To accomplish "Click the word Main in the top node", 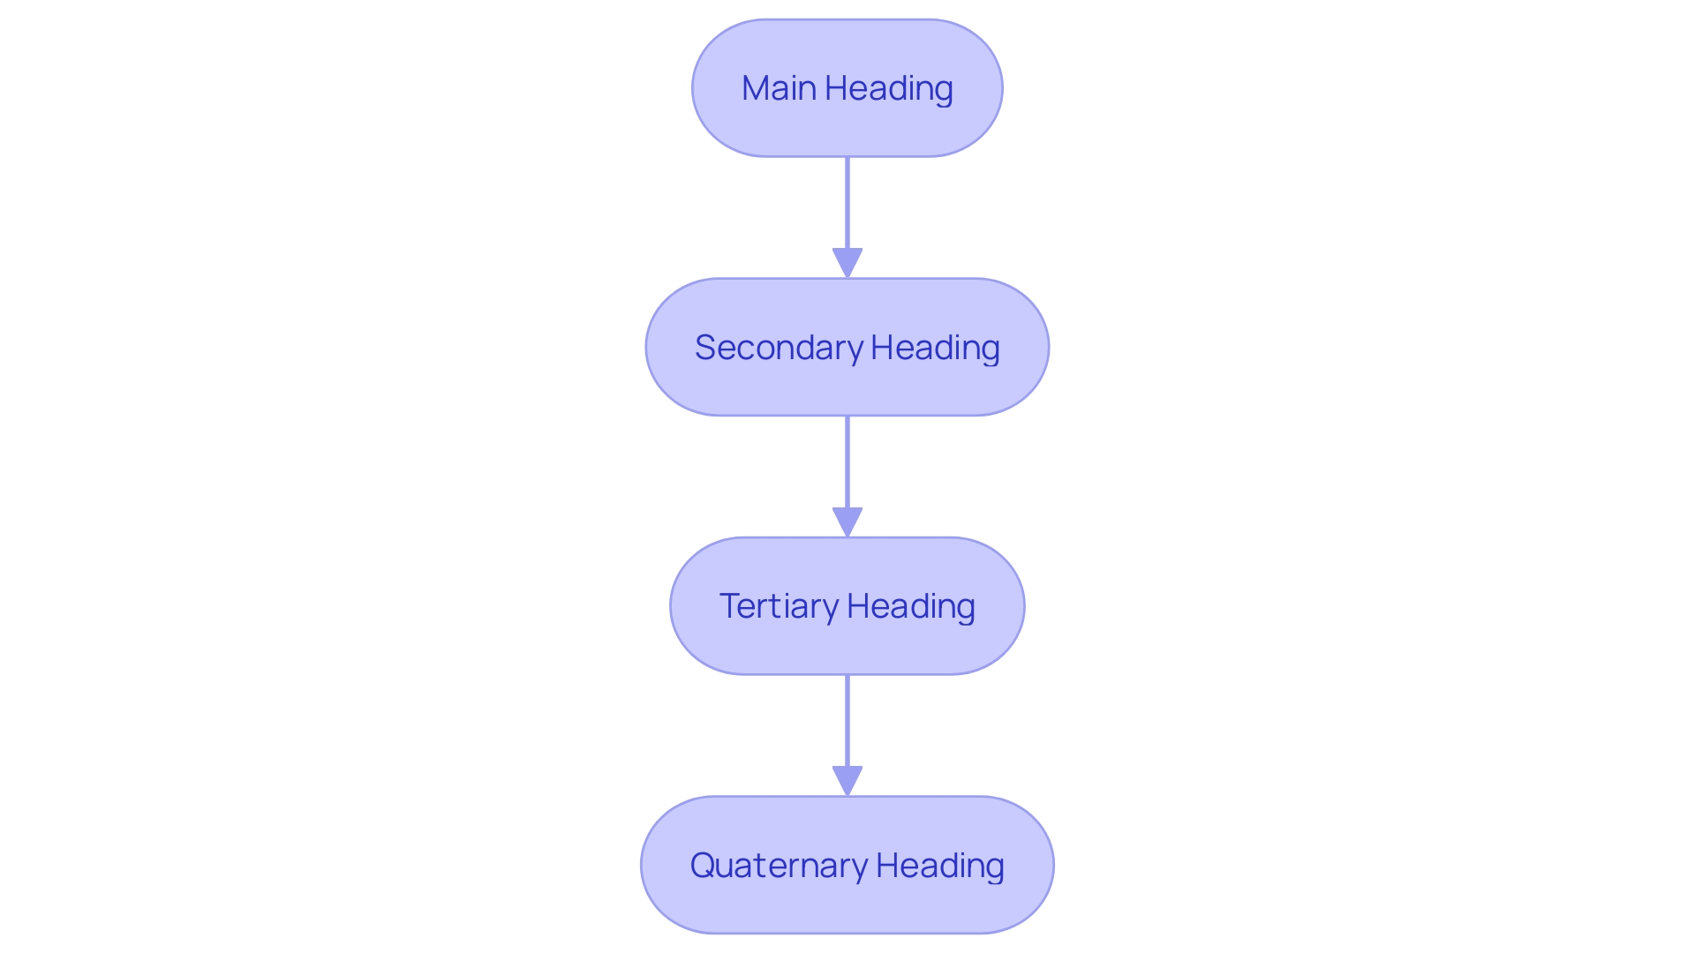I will (779, 88).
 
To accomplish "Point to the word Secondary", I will (779, 348).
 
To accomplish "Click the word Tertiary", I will (779, 606).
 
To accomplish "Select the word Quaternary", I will (779, 866).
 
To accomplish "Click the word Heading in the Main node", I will (889, 88).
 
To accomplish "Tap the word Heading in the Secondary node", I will (935, 348).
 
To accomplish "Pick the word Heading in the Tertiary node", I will (911, 606).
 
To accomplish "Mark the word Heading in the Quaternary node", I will (940, 866).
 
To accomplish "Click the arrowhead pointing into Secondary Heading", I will (847, 263).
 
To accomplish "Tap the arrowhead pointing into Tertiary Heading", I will (847, 522).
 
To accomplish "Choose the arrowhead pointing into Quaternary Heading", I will (847, 781).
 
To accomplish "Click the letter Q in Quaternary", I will (703, 866).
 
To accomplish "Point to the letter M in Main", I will (756, 88).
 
